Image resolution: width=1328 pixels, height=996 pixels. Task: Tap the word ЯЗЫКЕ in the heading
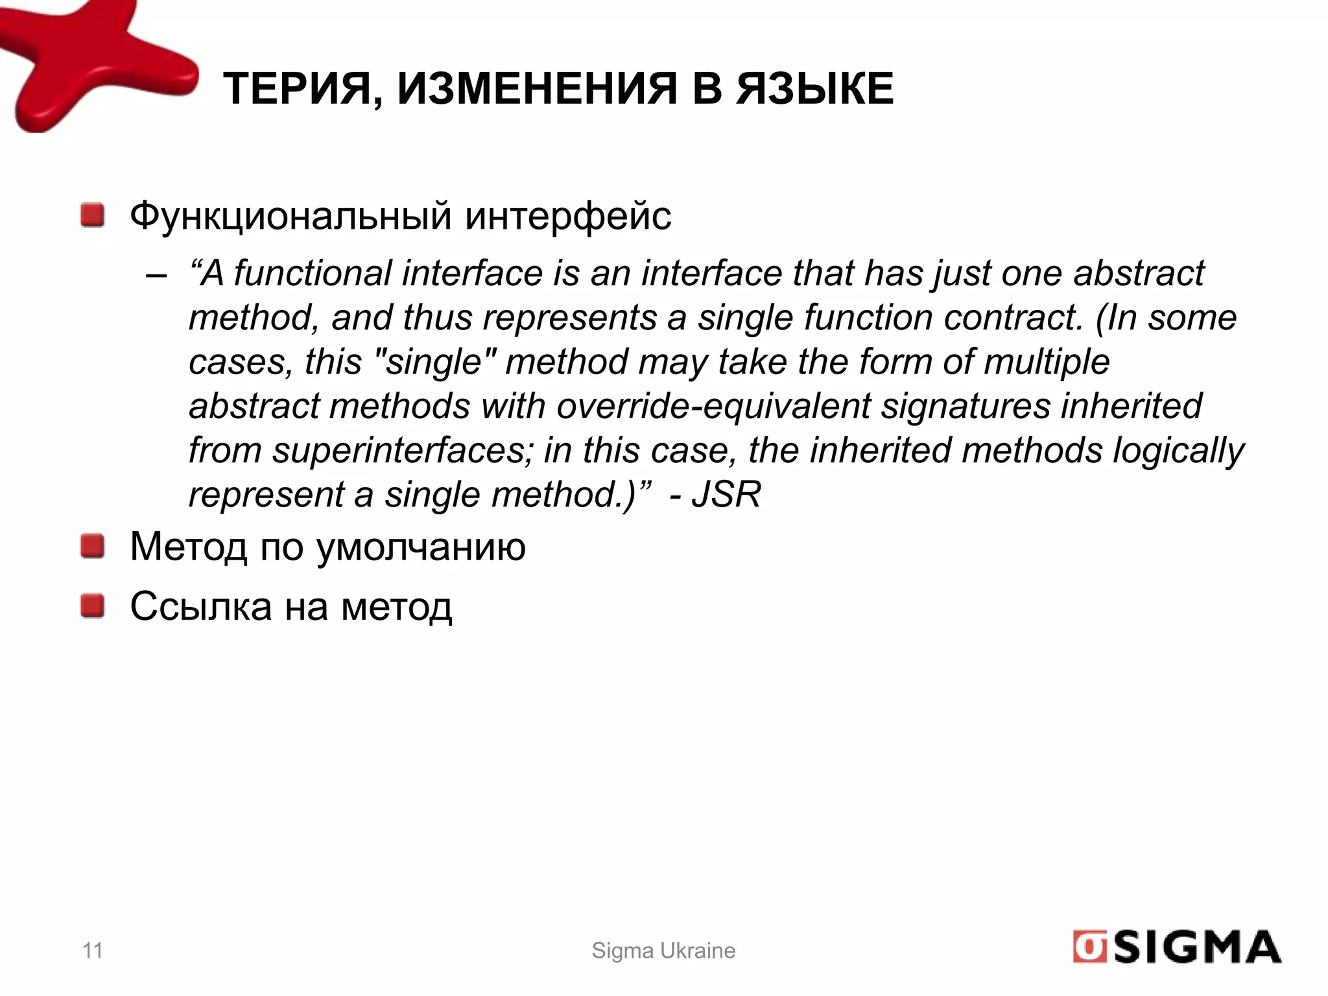tap(815, 89)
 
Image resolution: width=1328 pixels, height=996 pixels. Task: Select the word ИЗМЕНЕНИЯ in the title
tap(537, 89)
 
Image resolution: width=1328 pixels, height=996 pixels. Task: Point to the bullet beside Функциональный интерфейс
tap(93, 215)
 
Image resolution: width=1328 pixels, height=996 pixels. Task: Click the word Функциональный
tap(290, 215)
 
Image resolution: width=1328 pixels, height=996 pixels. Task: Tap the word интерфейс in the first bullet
tap(568, 215)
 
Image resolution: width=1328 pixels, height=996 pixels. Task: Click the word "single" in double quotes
tap(435, 362)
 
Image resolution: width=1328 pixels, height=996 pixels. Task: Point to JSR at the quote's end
tap(726, 495)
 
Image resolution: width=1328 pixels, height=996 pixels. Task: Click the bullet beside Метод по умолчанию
tap(93, 546)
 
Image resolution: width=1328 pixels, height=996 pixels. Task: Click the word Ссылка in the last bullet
tap(201, 607)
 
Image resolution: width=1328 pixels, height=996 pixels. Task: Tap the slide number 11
tap(93, 951)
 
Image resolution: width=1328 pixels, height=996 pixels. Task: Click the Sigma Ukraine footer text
tap(663, 951)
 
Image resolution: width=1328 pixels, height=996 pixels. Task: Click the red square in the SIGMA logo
tap(1089, 948)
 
